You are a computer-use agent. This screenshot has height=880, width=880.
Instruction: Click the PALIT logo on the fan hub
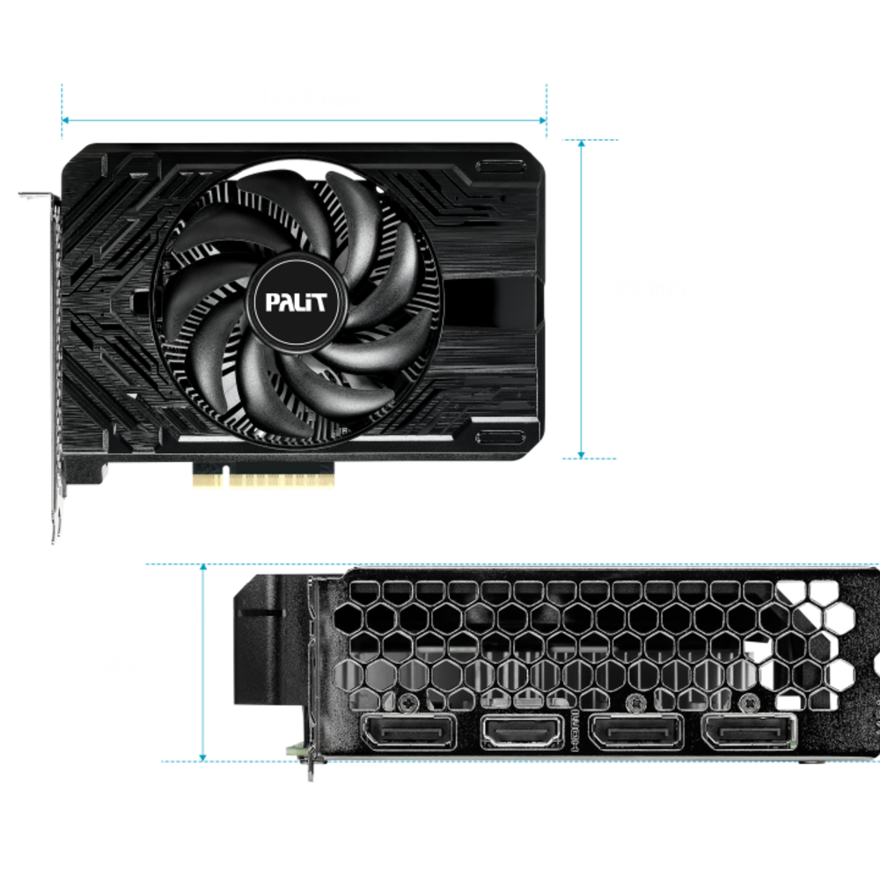(296, 302)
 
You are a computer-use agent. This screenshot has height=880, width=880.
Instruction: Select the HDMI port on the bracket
(522, 731)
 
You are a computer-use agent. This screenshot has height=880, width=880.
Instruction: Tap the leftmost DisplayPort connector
(408, 731)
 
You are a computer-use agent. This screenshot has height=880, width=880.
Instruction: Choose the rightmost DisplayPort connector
(749, 731)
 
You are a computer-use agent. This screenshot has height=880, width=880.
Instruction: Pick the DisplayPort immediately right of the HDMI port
(636, 731)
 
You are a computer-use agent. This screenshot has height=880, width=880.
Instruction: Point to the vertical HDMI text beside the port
(575, 730)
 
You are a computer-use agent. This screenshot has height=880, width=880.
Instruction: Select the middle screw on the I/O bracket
(635, 701)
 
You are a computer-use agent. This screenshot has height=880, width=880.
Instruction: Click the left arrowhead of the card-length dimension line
(65, 120)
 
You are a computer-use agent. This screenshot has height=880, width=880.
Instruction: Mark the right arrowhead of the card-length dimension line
(543, 120)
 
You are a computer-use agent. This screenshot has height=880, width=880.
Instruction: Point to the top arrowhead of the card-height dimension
(582, 143)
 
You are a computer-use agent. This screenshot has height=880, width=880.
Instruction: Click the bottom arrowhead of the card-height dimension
(582, 455)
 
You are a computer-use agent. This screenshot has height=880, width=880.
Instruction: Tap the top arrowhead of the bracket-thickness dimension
(203, 568)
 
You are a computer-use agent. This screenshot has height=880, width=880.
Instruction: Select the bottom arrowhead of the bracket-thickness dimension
(203, 758)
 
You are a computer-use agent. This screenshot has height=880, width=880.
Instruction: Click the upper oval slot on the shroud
(501, 166)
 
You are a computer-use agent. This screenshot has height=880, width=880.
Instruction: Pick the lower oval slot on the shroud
(501, 437)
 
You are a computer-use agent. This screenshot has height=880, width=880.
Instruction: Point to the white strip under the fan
(315, 438)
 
